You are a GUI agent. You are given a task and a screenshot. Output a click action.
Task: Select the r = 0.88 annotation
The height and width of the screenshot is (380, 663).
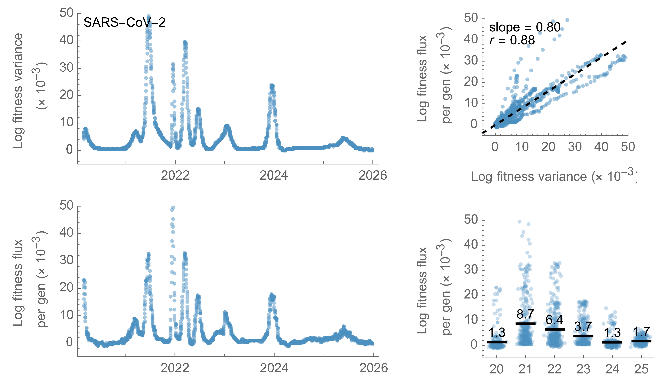tap(512, 40)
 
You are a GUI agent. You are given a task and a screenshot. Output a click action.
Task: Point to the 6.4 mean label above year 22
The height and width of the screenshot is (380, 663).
tap(554, 320)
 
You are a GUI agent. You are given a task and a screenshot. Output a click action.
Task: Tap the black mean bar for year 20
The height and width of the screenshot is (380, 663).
tap(497, 342)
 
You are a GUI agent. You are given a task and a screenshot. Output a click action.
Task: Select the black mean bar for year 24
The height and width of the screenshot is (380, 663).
tap(612, 342)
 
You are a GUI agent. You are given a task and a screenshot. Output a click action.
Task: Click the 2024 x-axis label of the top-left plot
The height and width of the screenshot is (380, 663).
tap(274, 176)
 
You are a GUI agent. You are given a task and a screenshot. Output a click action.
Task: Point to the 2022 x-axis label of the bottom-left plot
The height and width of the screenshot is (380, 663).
tap(175, 368)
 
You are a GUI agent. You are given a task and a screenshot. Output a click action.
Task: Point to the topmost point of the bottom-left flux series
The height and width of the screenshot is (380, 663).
tap(173, 208)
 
